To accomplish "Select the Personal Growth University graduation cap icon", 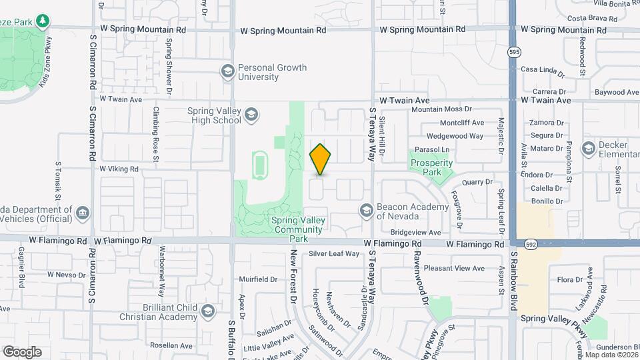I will (x=228, y=72).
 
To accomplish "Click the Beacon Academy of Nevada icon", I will (x=366, y=211).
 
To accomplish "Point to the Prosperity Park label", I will (x=431, y=167).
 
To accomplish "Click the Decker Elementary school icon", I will (x=588, y=148).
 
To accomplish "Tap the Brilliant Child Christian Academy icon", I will (x=208, y=312).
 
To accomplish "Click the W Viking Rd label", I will (x=119, y=169).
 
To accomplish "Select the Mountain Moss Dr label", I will (x=441, y=109).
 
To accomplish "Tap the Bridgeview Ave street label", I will (x=415, y=233).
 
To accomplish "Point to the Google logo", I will (x=22, y=352).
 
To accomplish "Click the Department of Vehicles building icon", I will (x=82, y=213).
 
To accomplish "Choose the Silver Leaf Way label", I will (x=334, y=254).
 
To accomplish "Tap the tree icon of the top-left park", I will (x=43, y=22).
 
